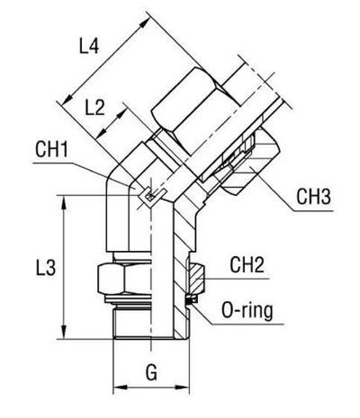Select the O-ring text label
coord(253,312)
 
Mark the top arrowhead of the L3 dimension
coord(64,201)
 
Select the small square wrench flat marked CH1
coord(148,192)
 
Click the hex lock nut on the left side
coord(115,281)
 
